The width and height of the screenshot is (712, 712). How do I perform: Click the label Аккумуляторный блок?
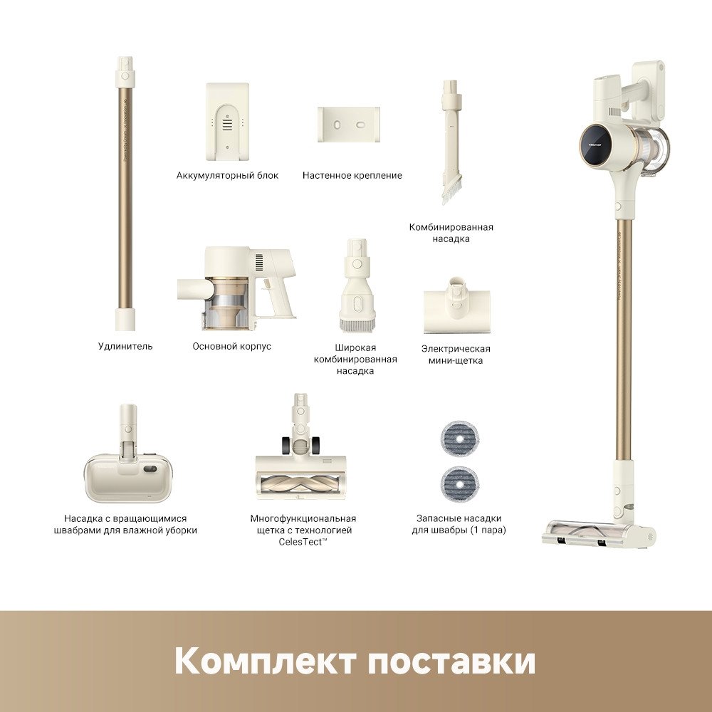[x=227, y=175]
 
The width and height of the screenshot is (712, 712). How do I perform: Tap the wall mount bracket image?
[x=349, y=125]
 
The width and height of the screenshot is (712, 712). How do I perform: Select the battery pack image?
[x=227, y=121]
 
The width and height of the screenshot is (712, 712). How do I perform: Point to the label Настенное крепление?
[x=352, y=175]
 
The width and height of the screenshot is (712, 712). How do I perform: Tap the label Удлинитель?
[x=125, y=346]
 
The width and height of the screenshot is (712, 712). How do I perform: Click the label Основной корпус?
[x=231, y=346]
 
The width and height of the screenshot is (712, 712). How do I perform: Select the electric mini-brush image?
[x=457, y=305]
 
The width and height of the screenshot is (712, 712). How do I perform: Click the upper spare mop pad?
[x=460, y=439]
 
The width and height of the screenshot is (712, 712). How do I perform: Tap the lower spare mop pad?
[x=460, y=485]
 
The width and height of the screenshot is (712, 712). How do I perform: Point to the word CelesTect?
[x=300, y=542]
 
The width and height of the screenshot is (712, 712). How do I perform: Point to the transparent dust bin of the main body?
[x=226, y=303]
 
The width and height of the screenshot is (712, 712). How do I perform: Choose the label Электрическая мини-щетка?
[x=456, y=355]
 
